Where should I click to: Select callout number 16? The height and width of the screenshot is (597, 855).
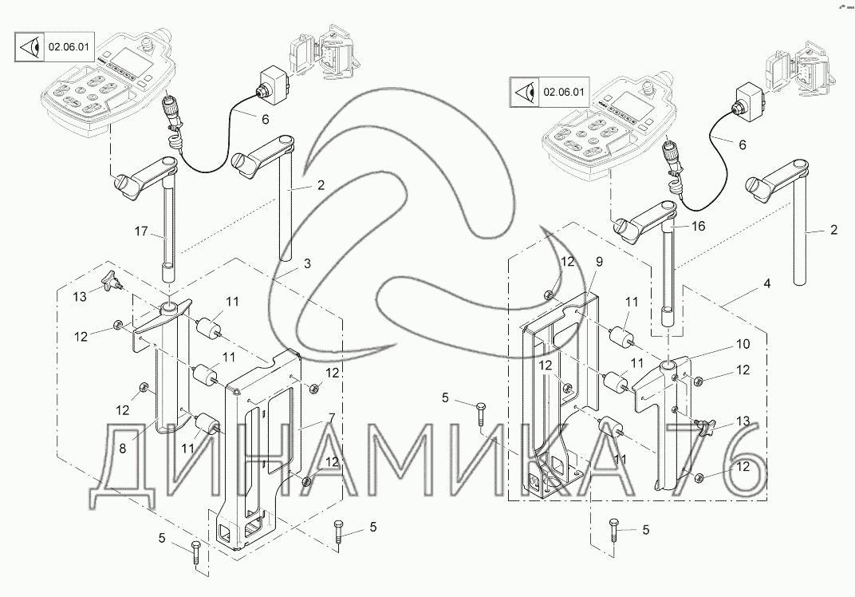699,227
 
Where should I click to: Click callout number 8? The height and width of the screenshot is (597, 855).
123,449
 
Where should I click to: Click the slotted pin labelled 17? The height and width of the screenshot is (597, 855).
168,231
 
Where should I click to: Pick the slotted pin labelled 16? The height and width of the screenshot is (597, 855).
668,263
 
